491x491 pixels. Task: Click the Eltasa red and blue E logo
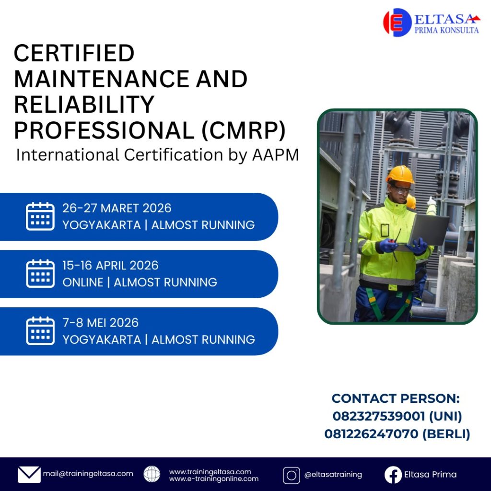[397, 22]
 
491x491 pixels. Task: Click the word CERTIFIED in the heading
[74, 53]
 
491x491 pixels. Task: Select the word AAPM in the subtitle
[276, 155]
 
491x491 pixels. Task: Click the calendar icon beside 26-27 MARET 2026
[40, 216]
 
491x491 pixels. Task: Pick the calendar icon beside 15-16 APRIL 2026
[40, 273]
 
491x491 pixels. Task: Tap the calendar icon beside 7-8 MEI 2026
[40, 331]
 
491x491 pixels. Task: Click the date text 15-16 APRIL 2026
[111, 266]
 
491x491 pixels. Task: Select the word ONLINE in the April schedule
[82, 282]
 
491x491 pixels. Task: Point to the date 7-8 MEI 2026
[101, 323]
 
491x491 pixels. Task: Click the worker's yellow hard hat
[400, 175]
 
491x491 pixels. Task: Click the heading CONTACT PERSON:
[396, 398]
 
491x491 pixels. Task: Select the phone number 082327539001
[379, 416]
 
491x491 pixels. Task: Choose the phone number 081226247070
[371, 434]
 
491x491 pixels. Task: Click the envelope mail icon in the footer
[29, 474]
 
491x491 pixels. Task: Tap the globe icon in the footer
[152, 474]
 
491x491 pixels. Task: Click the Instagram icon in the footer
[291, 475]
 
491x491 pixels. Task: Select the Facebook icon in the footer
[393, 475]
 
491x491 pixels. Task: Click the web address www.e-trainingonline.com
[214, 479]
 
